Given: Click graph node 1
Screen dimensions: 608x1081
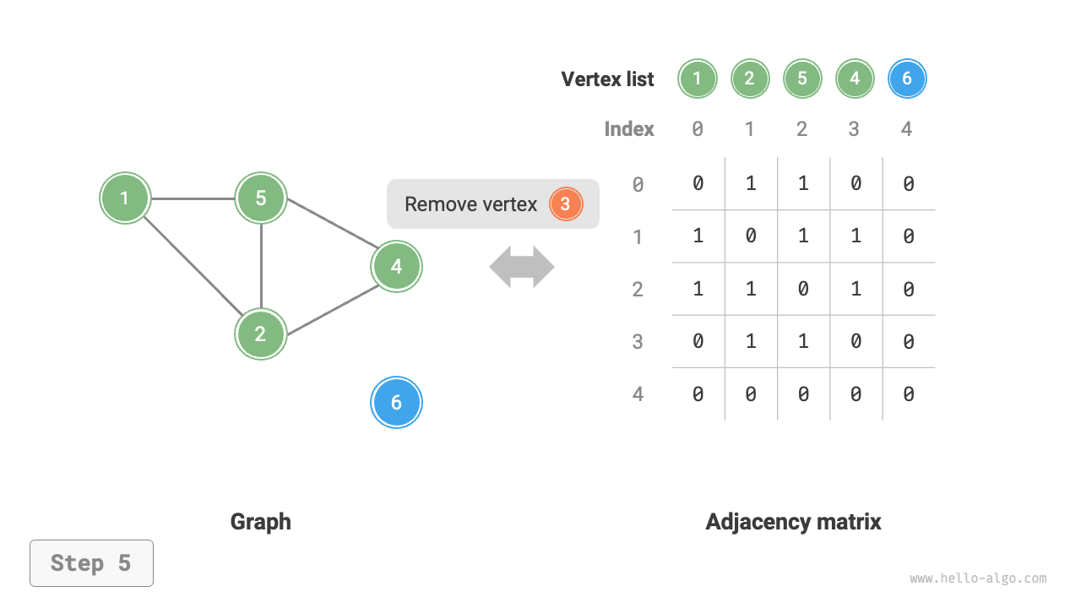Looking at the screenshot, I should (125, 198).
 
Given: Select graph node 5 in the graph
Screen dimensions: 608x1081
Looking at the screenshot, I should (261, 198).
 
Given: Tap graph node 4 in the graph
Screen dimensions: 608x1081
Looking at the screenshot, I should (396, 267).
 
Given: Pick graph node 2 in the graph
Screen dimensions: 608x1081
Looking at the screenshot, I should (261, 334).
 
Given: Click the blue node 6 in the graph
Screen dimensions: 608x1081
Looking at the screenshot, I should (396, 403).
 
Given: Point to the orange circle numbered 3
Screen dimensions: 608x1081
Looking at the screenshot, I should (566, 204).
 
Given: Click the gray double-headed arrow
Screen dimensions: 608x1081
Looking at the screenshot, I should (522, 268).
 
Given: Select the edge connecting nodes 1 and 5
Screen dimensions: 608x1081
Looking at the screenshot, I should (193, 199).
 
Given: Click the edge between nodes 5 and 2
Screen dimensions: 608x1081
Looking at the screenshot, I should (261, 266).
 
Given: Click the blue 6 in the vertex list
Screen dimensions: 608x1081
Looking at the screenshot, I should (907, 79).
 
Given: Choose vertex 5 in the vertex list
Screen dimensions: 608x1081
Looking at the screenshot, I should (802, 79).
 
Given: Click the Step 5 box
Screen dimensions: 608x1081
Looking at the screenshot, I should (91, 563).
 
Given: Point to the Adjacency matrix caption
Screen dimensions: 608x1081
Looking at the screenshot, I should (793, 522).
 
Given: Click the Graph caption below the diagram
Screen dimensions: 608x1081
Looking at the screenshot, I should (260, 522).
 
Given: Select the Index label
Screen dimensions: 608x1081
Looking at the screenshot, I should (629, 129).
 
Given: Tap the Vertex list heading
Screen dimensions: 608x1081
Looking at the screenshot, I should (607, 79).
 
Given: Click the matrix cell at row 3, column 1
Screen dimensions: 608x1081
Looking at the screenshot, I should (750, 342).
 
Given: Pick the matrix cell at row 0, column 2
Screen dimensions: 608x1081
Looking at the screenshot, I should (803, 183).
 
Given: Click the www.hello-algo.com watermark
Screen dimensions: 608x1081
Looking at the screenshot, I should (978, 579).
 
